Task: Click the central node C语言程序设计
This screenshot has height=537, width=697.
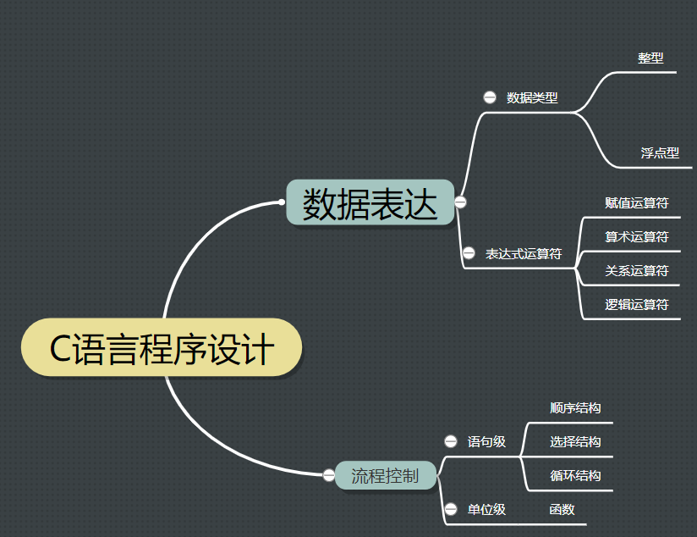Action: point(161,348)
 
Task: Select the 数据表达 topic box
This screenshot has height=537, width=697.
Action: point(370,202)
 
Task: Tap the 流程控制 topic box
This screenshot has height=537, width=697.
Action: point(385,475)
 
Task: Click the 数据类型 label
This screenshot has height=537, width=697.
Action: point(532,97)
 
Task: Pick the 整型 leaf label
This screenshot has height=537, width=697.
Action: point(650,58)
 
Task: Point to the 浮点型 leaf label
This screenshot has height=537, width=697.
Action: point(660,153)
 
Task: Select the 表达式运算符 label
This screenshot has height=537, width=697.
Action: point(524,253)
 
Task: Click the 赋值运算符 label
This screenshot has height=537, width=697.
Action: point(637,203)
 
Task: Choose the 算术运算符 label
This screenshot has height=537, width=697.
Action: point(637,237)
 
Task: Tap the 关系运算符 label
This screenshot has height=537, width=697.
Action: point(637,271)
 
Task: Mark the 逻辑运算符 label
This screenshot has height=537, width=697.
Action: point(637,305)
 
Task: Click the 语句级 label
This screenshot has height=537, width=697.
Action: point(486,441)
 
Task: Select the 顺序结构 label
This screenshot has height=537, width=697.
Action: point(575,407)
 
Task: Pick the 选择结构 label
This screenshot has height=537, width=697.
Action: point(575,441)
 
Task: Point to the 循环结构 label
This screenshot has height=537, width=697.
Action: point(575,475)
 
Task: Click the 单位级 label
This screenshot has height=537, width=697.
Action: point(486,509)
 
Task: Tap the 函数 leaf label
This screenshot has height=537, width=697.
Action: point(562,509)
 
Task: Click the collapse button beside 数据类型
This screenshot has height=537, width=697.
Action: point(490,97)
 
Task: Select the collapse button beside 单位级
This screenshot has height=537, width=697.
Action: point(451,509)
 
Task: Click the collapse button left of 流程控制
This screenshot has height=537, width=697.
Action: point(329,475)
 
